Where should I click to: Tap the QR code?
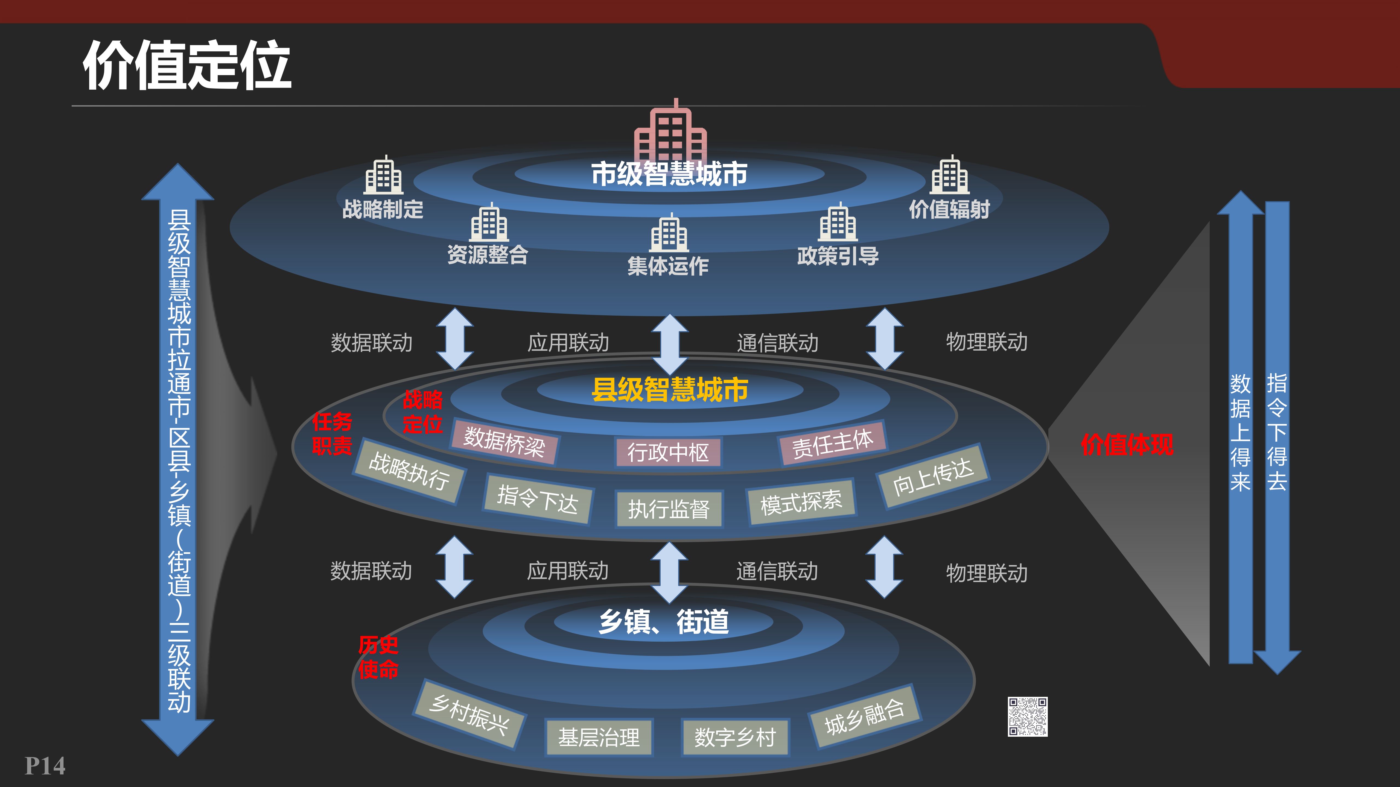[x=1027, y=716]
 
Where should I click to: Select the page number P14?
[x=45, y=766]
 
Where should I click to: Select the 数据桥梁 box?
[x=504, y=442]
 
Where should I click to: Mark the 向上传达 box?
[x=933, y=476]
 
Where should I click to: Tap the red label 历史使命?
[x=378, y=657]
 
